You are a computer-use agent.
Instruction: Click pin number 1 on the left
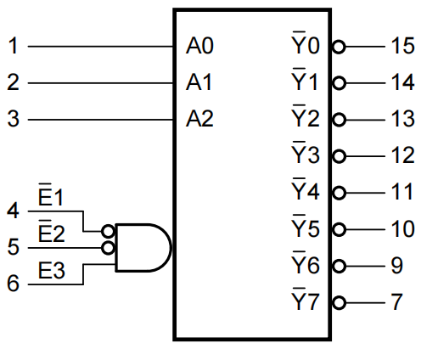click(14, 46)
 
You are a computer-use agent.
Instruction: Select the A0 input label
click(199, 46)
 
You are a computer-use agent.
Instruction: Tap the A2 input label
click(199, 119)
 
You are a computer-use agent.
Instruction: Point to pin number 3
click(14, 119)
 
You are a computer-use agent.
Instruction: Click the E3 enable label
click(52, 271)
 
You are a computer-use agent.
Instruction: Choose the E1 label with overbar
click(51, 194)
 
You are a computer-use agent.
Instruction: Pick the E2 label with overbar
click(52, 231)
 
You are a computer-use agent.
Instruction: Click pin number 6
click(14, 284)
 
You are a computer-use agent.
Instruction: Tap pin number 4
click(14, 211)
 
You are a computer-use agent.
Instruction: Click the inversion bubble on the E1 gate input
click(109, 232)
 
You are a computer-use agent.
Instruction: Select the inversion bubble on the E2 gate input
click(109, 248)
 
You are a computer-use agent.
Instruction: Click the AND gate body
click(143, 248)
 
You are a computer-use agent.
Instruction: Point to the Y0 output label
click(306, 42)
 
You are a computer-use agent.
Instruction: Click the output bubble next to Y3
click(339, 156)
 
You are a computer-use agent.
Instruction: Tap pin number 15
click(402, 46)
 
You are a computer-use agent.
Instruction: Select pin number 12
click(402, 155)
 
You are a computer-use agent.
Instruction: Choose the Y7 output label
click(306, 299)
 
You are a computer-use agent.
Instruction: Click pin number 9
click(397, 266)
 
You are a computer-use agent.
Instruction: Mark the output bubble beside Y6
click(339, 267)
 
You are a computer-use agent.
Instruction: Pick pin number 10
click(402, 228)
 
